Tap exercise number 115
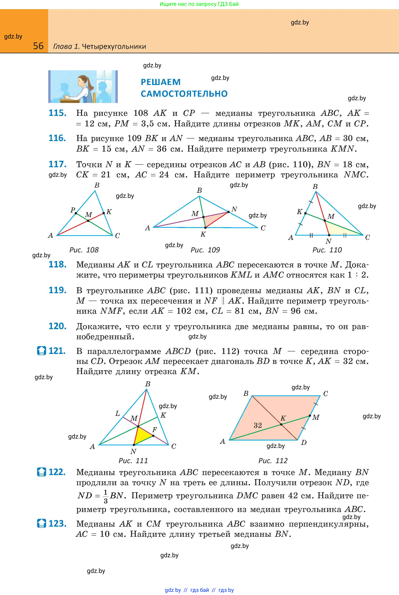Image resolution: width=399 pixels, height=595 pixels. coord(57,113)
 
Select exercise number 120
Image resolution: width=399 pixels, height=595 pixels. coord(57,326)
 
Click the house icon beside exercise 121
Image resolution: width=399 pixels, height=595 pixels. coord(41,351)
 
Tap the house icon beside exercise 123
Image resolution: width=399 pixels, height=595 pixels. coord(41,524)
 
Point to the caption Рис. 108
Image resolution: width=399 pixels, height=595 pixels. coord(84,250)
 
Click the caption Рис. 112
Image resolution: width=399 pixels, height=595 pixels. coord(273,461)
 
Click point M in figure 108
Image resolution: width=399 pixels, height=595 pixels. coord(88,221)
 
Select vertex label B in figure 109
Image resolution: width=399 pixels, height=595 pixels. coord(200,190)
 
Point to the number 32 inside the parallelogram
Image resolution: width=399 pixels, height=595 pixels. coord(258,425)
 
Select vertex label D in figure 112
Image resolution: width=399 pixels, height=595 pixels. coord(303,443)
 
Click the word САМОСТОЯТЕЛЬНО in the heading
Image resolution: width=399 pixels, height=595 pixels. coord(184,94)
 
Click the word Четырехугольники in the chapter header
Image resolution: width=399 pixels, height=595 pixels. coord(114,46)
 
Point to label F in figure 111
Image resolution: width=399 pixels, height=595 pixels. coord(154,430)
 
